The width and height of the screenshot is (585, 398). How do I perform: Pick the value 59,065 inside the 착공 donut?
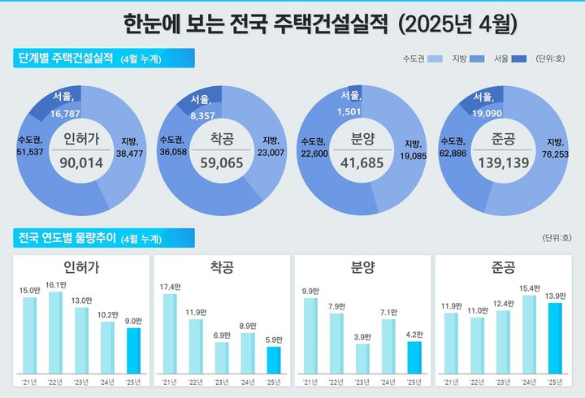(x=221, y=163)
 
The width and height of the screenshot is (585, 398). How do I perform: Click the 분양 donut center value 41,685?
(x=361, y=163)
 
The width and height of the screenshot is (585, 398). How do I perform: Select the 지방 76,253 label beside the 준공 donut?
(x=557, y=148)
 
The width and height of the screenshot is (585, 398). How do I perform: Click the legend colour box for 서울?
(x=518, y=59)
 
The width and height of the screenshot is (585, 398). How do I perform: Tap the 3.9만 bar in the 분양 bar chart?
(x=362, y=357)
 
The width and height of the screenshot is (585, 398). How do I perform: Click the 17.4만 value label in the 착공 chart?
(x=170, y=288)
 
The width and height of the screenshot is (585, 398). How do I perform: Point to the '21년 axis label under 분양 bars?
(x=310, y=382)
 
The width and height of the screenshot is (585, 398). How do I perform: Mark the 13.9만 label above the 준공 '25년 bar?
(x=555, y=296)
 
